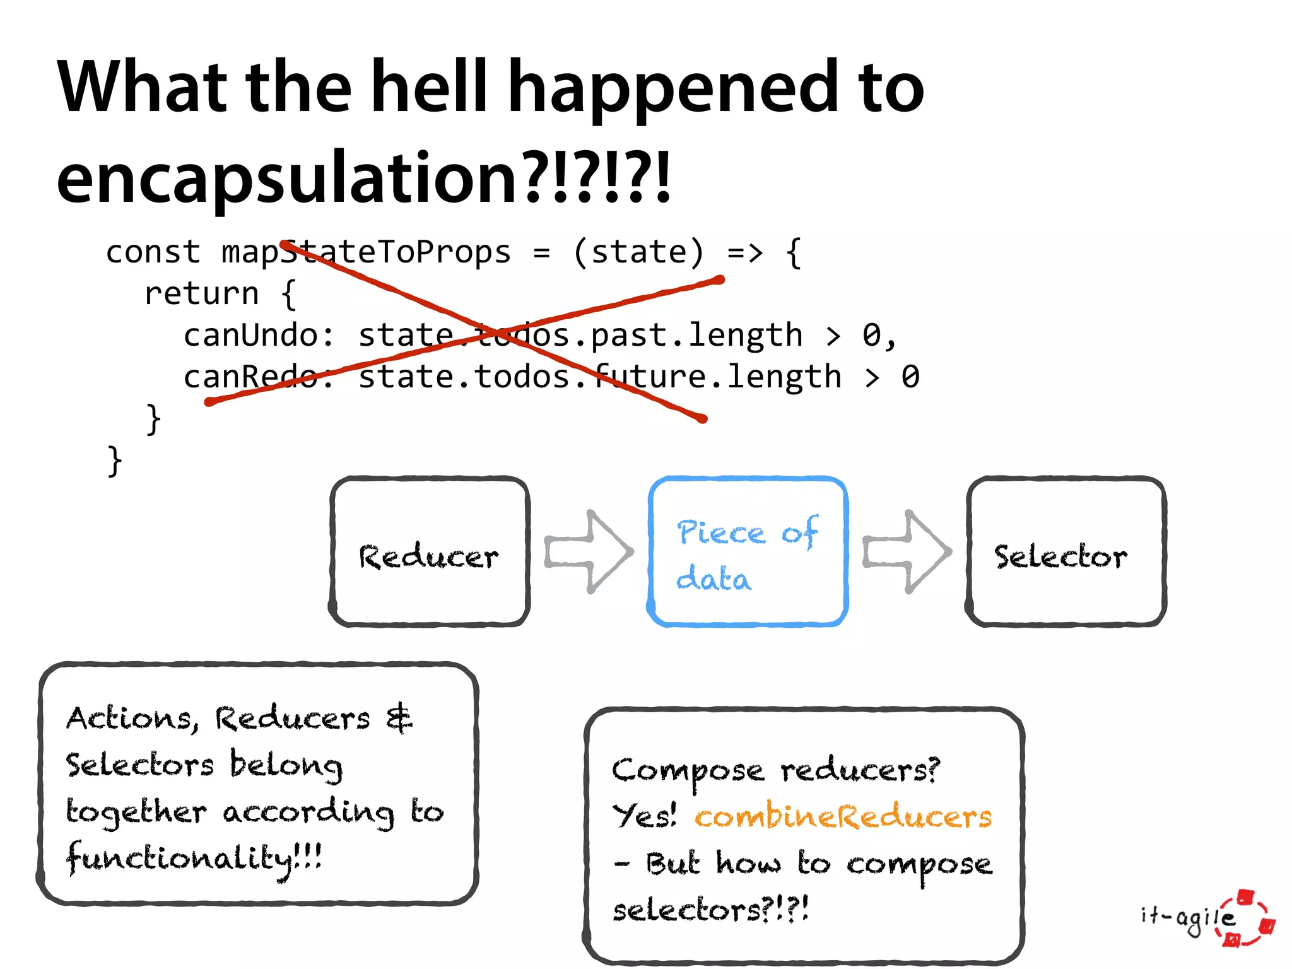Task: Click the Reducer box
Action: (x=429, y=552)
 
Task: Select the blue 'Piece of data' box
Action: (x=747, y=552)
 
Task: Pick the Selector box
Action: (x=1066, y=552)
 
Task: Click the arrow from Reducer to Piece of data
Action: (x=589, y=552)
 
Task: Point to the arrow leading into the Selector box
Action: (x=907, y=552)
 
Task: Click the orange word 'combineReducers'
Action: (x=843, y=817)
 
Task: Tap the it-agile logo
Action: (x=1208, y=918)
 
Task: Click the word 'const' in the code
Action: (x=153, y=252)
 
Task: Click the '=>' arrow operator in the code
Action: (x=745, y=252)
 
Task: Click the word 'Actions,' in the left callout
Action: (x=132, y=719)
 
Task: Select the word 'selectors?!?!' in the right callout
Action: (x=710, y=910)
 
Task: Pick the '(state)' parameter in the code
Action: (x=638, y=252)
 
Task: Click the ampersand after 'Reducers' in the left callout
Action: (x=399, y=719)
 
